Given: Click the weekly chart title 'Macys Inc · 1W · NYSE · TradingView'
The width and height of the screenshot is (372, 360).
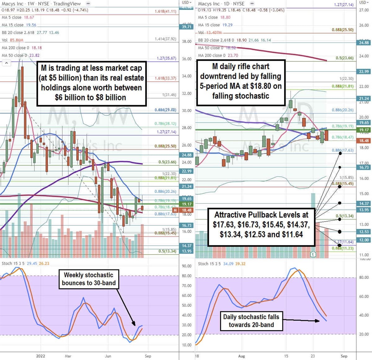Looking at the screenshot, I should [x=41, y=4].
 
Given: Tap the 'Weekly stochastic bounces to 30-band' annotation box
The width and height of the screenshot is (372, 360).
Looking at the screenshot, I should [x=89, y=279].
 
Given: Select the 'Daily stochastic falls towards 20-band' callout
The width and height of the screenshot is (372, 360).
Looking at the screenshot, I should [x=251, y=321].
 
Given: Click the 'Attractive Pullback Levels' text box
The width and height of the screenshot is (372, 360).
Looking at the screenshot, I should [x=261, y=224].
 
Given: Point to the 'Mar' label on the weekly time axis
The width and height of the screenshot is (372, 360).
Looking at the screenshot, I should [x=68, y=356].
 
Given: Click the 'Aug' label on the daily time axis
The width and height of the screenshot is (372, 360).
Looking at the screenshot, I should [x=241, y=356].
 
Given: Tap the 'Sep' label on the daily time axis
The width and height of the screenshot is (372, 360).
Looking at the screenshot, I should [x=344, y=356].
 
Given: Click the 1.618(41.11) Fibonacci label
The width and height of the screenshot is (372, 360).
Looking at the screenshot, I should [x=166, y=11].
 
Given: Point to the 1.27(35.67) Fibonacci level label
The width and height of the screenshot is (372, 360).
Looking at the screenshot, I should [x=166, y=58].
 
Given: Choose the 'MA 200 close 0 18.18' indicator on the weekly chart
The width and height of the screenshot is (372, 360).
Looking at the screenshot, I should [x=22, y=48].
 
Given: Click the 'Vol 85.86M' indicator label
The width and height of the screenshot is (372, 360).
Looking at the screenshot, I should [x=13, y=40].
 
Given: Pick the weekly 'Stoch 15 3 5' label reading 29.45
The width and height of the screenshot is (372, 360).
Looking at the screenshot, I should [x=25, y=263].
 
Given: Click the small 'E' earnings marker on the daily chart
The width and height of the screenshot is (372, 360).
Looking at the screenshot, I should [x=313, y=254].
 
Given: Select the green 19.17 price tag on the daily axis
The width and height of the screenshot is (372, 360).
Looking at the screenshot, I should [x=364, y=130].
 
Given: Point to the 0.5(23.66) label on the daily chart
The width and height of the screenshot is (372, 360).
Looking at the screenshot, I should [x=344, y=58].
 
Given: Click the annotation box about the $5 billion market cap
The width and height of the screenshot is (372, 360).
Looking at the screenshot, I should [x=91, y=83].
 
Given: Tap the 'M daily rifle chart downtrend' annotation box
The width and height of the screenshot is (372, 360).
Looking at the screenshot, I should [x=241, y=81].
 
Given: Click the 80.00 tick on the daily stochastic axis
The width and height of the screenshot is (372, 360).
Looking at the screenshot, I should [x=364, y=278].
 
